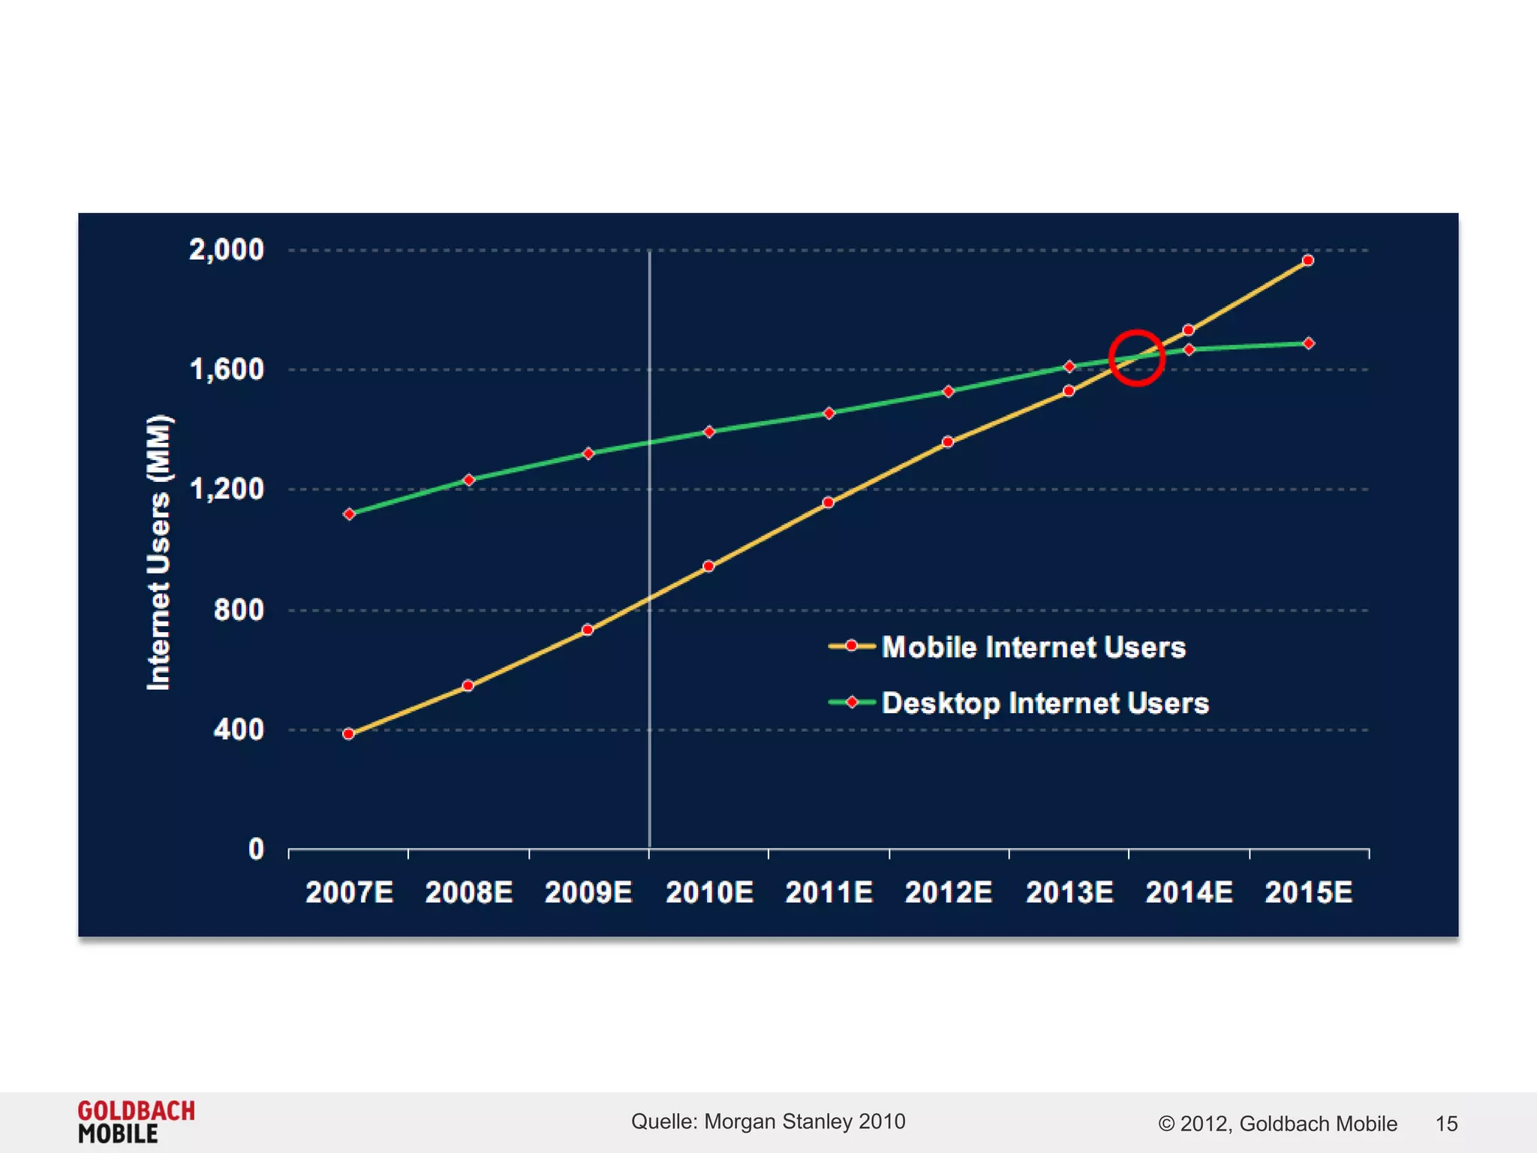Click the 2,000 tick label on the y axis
tap(226, 250)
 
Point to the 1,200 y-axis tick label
tap(226, 489)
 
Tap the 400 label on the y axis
tap(238, 730)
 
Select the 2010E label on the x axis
tap(709, 893)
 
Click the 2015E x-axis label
tap(1308, 893)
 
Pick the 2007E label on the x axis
tap(349, 893)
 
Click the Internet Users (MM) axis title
tap(159, 552)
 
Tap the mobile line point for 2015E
tap(1307, 260)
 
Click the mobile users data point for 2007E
tap(348, 734)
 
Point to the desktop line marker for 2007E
tap(349, 514)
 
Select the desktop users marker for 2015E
tap(1308, 343)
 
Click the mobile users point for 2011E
tap(828, 503)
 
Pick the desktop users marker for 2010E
tap(709, 432)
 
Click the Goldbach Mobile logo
tap(136, 1121)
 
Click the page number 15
tap(1445, 1124)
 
